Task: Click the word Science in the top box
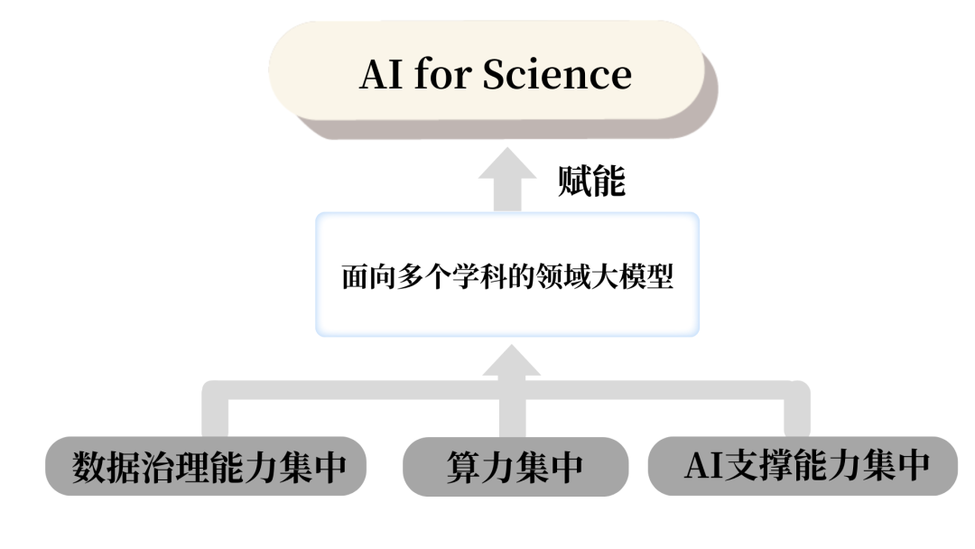tap(557, 74)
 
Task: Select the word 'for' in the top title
tap(443, 74)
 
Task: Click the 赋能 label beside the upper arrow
tap(591, 182)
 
